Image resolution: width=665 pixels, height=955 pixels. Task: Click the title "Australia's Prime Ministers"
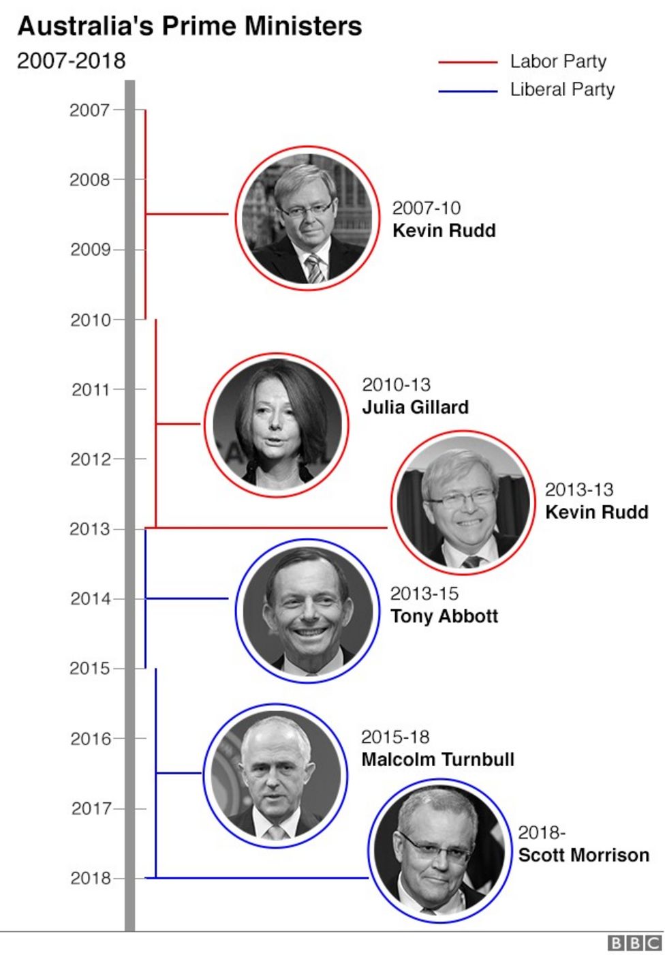tap(189, 27)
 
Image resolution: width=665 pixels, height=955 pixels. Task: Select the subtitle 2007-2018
tap(71, 61)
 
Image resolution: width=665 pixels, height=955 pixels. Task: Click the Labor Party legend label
tap(558, 61)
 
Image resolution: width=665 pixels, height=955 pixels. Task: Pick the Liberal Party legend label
tap(562, 89)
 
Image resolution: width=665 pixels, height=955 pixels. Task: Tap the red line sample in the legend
tap(467, 62)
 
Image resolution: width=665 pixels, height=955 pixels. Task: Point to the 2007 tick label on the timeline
tap(89, 110)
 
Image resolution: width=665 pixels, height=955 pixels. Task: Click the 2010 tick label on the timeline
tap(90, 320)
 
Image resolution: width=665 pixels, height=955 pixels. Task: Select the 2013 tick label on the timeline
tap(89, 529)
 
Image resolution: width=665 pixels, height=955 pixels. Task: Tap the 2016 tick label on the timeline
tap(90, 738)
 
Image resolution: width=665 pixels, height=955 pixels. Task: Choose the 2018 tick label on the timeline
tap(90, 878)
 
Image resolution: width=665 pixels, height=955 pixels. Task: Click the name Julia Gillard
tap(415, 407)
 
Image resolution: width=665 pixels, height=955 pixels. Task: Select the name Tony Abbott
tap(444, 616)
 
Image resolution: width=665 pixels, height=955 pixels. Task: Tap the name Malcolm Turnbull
tap(437, 759)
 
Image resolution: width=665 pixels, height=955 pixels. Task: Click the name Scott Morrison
tap(583, 855)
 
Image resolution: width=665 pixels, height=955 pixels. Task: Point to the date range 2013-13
tap(578, 489)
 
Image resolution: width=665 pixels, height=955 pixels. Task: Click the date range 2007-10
tap(426, 208)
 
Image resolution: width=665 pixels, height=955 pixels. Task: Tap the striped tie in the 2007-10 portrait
tap(314, 269)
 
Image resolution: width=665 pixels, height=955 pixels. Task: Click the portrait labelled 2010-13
tap(276, 425)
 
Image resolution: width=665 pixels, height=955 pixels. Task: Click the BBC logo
tap(634, 943)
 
